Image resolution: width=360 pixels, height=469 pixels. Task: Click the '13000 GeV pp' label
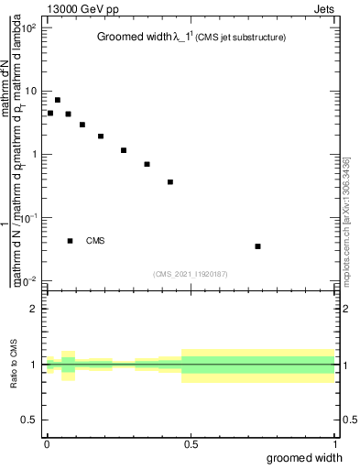(83, 9)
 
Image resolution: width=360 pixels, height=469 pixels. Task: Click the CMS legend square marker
(71, 241)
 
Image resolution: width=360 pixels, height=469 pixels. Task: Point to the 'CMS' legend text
(95, 241)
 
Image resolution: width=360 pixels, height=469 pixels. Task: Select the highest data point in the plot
(58, 100)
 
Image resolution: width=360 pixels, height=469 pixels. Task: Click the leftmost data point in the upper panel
(50, 114)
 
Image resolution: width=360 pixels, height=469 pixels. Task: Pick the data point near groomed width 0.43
(170, 182)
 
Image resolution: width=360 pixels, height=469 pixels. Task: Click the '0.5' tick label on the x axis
(191, 444)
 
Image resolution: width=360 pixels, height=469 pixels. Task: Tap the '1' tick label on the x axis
(337, 444)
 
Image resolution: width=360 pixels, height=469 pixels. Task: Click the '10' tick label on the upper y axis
(30, 91)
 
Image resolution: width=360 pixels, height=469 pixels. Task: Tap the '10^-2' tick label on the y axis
(28, 280)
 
